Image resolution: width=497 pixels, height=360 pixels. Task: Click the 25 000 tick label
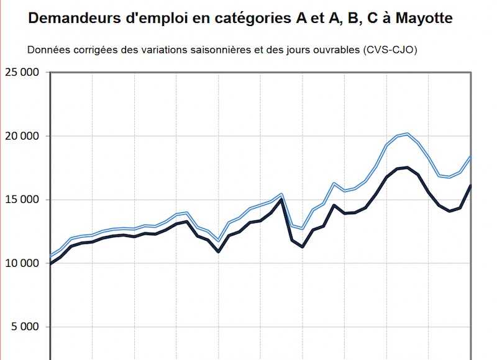point(22,72)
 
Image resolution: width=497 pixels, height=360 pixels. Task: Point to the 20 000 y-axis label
point(22,136)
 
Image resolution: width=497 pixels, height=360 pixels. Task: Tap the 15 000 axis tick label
point(22,200)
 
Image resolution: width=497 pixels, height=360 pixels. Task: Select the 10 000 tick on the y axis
point(22,263)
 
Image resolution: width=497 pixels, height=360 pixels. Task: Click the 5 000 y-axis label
point(25,327)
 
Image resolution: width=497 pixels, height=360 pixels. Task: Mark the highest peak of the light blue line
point(407,133)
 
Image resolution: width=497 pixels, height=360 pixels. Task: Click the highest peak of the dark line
point(407,168)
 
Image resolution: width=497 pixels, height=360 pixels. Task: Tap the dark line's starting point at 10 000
point(50,264)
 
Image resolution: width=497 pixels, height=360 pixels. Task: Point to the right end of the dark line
point(471,185)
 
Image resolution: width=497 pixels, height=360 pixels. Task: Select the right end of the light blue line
point(471,156)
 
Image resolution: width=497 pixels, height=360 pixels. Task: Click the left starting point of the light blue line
point(50,256)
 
